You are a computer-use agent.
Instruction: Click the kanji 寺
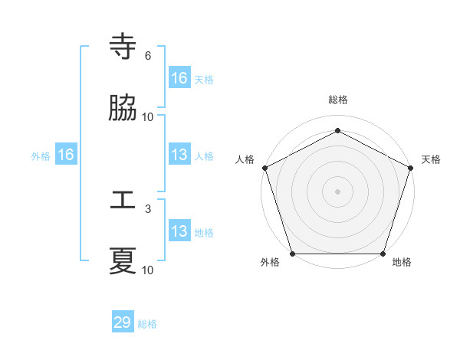click(x=123, y=47)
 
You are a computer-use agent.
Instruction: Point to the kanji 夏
click(x=123, y=261)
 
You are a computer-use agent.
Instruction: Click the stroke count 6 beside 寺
click(x=148, y=56)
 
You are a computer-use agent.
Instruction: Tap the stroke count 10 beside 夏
click(x=148, y=270)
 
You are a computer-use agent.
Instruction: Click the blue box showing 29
click(x=123, y=322)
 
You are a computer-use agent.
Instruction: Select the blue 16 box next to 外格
click(x=66, y=155)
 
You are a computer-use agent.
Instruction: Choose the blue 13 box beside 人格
click(x=179, y=155)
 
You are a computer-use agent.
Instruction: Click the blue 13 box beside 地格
click(x=179, y=231)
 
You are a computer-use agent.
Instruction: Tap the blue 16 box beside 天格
click(x=179, y=78)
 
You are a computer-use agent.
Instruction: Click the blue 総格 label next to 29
click(x=147, y=324)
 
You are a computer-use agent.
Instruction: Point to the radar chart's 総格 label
click(x=337, y=100)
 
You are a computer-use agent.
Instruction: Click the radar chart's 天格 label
click(x=431, y=159)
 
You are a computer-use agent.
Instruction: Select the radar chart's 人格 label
click(x=245, y=159)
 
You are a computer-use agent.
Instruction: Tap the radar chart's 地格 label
click(x=402, y=263)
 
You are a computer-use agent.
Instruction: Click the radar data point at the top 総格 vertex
click(x=337, y=131)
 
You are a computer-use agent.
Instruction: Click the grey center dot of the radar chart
click(x=337, y=191)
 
